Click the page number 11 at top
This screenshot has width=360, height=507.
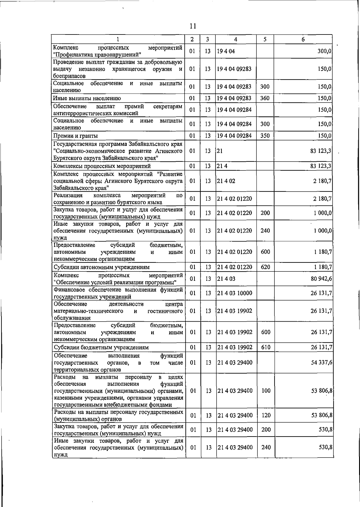coord(193,26)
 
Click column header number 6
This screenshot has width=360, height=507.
coord(303,39)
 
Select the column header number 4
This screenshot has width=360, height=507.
coord(236,39)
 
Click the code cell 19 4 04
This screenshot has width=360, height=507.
coord(226,51)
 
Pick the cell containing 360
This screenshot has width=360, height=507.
coord(265,98)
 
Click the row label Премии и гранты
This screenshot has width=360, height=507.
coord(76,136)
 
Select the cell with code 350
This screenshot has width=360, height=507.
coord(265,136)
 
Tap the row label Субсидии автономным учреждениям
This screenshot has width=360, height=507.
coord(101,267)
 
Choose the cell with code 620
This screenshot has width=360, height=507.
coord(265,267)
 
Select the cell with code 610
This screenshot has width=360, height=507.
coord(266,347)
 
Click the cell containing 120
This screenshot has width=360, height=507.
coord(266,415)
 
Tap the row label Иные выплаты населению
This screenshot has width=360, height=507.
coord(87,98)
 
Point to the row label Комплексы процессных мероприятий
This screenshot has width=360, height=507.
coord(102,166)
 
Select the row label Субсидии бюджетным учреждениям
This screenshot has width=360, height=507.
coord(101,347)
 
